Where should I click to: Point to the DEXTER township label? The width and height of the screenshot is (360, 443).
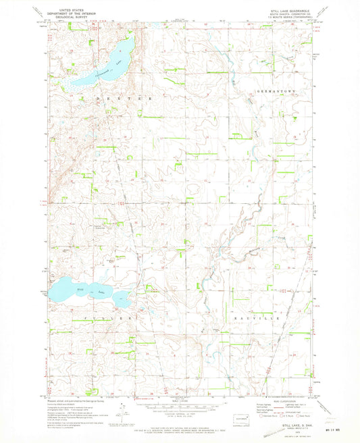coord(118,99)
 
